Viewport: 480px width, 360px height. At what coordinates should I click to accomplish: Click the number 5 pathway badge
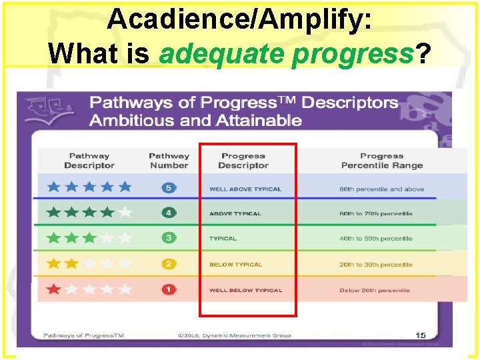169,188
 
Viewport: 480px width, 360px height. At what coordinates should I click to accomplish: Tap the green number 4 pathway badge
169,213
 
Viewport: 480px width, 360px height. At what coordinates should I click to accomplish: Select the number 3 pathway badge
169,238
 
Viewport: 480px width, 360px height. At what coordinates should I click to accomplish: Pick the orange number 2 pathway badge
169,264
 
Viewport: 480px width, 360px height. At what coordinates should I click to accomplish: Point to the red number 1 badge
169,290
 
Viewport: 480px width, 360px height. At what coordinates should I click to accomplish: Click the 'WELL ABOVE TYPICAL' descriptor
245,189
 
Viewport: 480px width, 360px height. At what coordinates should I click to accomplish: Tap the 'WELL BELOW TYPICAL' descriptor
245,291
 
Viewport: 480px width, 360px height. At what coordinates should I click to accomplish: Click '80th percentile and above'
381,189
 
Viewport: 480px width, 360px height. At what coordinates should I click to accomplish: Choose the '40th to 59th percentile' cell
376,239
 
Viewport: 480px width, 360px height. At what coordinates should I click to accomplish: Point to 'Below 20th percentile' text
374,291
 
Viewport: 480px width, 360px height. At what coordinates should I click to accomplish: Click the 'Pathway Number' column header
169,161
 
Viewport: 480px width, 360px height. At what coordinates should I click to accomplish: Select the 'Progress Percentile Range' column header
382,161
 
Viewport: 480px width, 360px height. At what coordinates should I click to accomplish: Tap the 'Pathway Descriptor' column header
89,161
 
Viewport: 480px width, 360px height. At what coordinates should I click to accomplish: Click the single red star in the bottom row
53,290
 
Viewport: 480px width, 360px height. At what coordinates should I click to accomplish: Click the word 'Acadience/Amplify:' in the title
239,20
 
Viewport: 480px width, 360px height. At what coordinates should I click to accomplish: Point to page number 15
420,335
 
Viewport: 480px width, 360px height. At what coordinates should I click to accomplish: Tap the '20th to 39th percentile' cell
376,265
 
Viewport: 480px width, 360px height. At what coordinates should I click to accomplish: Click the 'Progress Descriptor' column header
243,161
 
